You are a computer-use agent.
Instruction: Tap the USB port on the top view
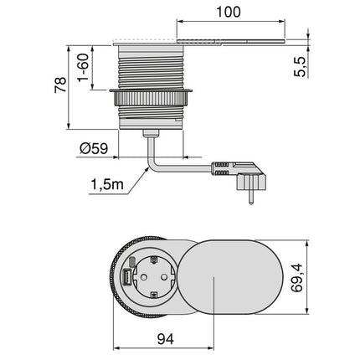125,277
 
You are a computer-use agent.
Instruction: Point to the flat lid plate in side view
230,39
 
